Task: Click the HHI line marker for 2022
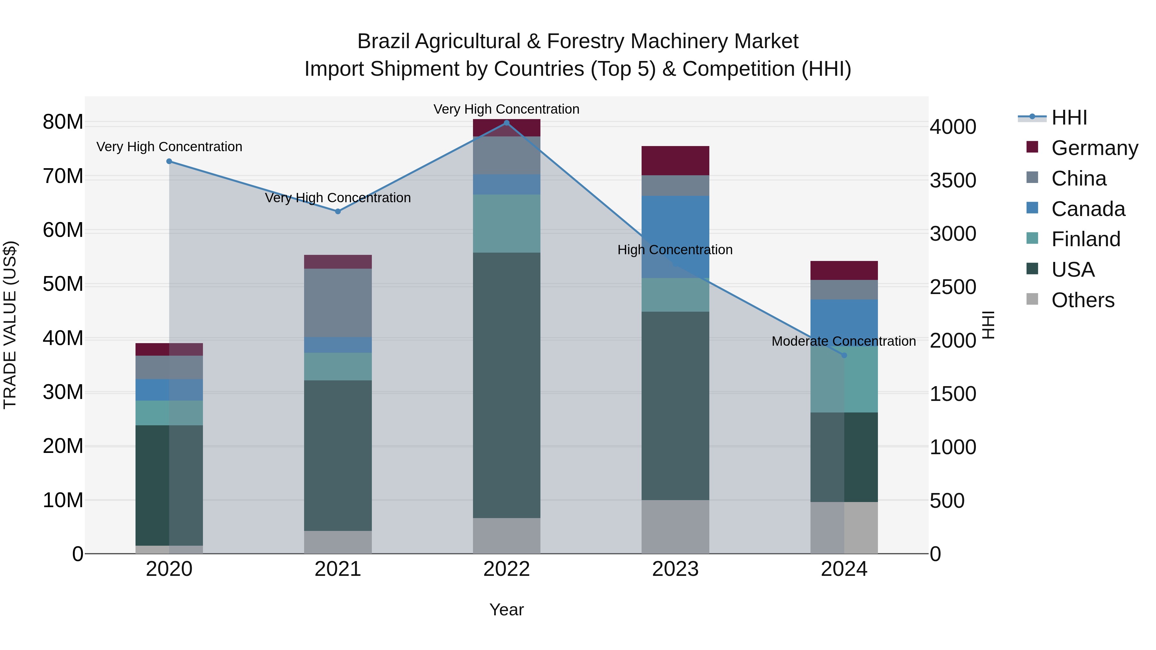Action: [x=507, y=123]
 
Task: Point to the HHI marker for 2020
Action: [x=169, y=161]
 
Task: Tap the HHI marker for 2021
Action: [x=338, y=211]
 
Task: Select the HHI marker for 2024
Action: [x=844, y=355]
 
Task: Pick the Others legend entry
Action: [x=1082, y=300]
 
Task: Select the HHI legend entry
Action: [x=1069, y=117]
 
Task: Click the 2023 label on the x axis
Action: [x=675, y=569]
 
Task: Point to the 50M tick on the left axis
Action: [x=63, y=284]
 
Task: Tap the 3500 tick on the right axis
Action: [x=953, y=180]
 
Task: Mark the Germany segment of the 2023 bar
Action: [x=675, y=160]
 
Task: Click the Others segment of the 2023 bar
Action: [x=675, y=527]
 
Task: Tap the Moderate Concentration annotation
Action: [x=844, y=342]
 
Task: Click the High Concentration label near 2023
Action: [x=675, y=250]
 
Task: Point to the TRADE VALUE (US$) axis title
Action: [x=10, y=325]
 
